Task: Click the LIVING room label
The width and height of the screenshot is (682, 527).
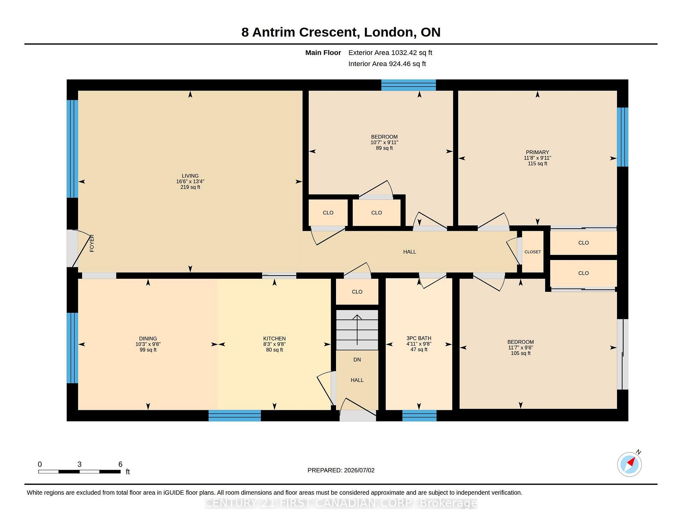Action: [x=190, y=176]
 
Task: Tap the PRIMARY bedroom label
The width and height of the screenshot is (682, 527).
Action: [x=537, y=152]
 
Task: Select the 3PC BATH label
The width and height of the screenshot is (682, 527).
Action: [x=419, y=338]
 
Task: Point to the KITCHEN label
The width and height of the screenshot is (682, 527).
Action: [x=274, y=339]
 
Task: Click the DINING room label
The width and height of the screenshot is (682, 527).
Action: [x=148, y=339]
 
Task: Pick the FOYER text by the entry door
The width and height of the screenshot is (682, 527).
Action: [x=92, y=243]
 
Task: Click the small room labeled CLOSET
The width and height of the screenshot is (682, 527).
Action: [x=532, y=252]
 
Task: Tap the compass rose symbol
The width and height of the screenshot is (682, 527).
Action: [x=629, y=464]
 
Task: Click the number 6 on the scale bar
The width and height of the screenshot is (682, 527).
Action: [x=120, y=464]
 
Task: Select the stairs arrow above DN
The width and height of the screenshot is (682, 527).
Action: [x=357, y=330]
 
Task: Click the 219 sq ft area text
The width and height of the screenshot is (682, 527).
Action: [x=190, y=187]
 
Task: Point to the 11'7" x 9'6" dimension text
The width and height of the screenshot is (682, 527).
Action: [x=520, y=348]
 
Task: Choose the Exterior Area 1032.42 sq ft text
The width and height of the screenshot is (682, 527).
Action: [x=390, y=53]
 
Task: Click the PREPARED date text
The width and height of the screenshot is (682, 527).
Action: [x=341, y=470]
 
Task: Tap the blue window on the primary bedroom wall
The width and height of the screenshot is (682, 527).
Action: [x=622, y=137]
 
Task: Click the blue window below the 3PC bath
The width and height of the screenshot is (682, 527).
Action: [x=419, y=415]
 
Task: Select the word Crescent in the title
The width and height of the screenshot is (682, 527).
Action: [x=328, y=32]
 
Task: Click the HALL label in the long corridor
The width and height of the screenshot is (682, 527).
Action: [x=410, y=252]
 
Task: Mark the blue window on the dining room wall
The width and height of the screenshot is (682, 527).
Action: [x=72, y=348]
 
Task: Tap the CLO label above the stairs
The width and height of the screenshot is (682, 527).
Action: [x=357, y=292]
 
